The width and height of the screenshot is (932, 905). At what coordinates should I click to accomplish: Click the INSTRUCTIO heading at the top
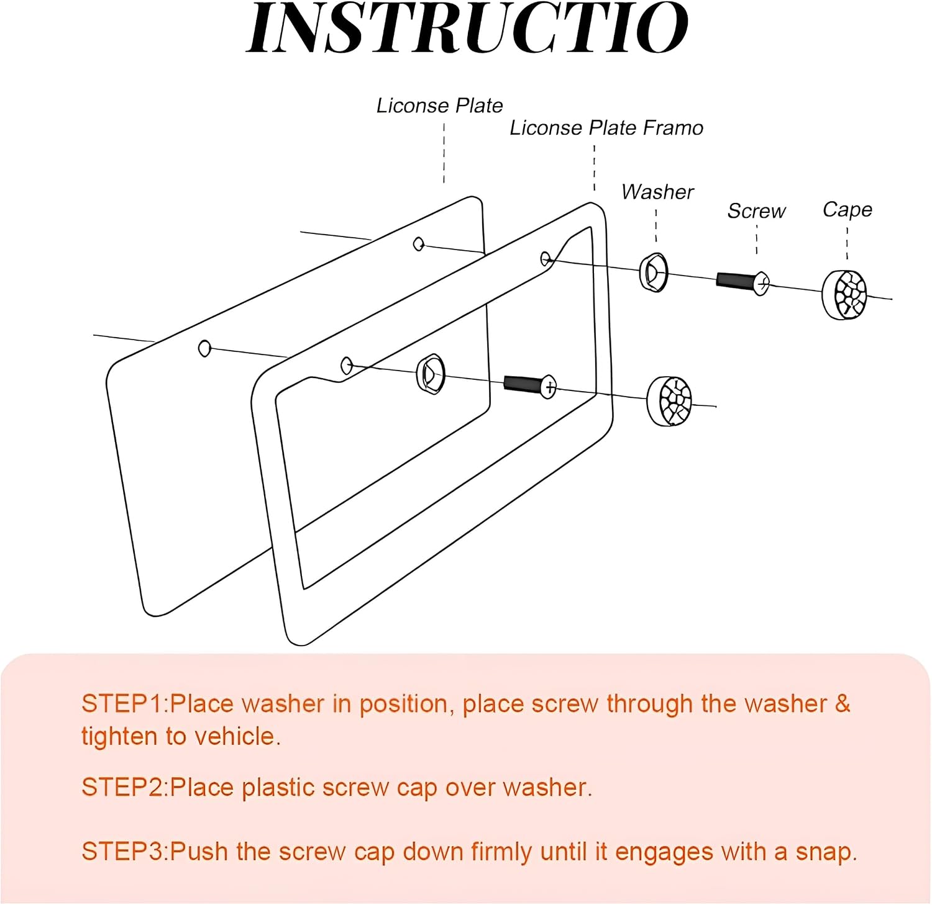[x=467, y=28]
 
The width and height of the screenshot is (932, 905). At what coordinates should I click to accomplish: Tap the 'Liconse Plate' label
[x=439, y=106]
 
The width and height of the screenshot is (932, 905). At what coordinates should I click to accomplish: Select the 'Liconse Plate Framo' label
[x=606, y=128]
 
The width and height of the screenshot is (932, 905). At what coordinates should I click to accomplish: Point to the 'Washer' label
[x=657, y=192]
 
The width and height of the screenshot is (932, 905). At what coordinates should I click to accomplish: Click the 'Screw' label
[x=757, y=211]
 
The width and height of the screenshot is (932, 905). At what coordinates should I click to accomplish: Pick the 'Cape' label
[x=847, y=210]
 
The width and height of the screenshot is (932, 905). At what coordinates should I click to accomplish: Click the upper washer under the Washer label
[x=654, y=272]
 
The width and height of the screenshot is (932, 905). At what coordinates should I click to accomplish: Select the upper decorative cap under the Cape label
[x=844, y=295]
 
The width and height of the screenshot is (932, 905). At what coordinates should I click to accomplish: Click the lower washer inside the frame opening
[x=431, y=374]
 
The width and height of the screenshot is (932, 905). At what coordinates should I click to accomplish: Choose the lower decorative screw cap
[x=669, y=401]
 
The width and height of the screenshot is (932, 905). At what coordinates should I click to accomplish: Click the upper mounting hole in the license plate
[x=419, y=244]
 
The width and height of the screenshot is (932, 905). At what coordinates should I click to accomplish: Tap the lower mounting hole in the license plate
[x=204, y=348]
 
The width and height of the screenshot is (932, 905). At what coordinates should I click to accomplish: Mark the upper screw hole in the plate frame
[x=546, y=258]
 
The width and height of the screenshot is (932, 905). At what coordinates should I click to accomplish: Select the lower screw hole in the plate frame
[x=347, y=366]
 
